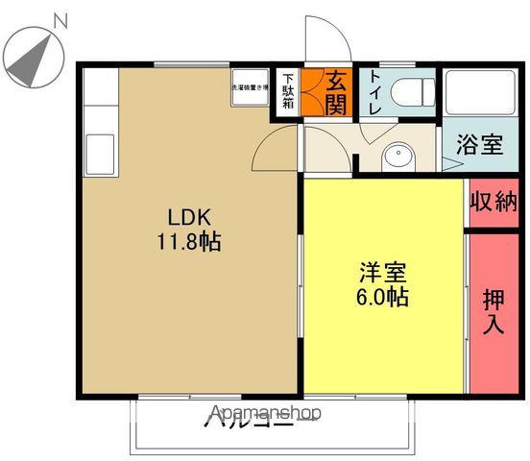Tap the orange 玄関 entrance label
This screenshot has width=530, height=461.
335,92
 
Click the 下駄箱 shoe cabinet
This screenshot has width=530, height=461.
287,93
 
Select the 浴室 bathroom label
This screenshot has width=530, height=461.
479,146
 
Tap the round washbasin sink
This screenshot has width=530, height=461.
396,157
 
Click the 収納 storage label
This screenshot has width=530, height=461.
494,203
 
